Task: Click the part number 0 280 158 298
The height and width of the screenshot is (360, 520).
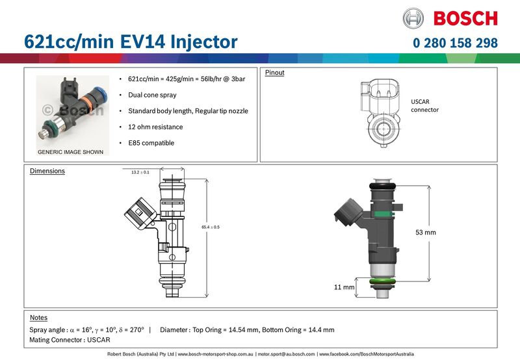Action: click(455, 43)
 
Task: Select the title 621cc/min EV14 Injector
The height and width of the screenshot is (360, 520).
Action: click(131, 42)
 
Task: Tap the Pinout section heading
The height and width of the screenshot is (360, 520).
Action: click(274, 73)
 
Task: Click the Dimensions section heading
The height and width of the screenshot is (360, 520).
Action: click(47, 172)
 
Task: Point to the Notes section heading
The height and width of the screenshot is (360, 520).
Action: click(39, 318)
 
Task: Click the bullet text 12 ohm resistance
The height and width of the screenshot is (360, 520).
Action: click(155, 127)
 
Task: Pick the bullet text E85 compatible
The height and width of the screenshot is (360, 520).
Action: click(151, 142)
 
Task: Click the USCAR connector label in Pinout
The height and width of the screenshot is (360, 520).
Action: click(424, 106)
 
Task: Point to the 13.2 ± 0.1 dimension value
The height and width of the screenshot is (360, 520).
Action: click(140, 172)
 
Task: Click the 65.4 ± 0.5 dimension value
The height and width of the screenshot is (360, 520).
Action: click(211, 227)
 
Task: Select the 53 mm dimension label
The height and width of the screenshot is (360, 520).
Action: click(426, 231)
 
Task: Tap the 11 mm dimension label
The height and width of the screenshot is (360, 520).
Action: click(344, 287)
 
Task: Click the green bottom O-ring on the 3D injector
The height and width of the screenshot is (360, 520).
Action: click(382, 281)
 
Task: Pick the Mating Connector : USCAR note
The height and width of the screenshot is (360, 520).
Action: click(70, 340)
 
